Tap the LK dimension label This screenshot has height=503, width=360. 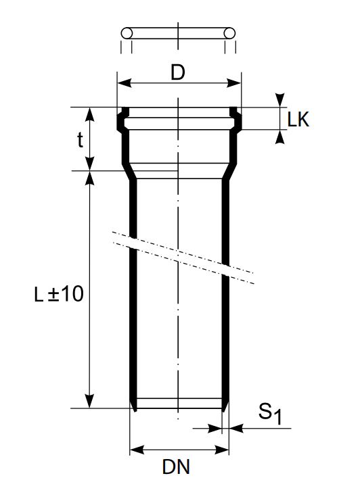298,120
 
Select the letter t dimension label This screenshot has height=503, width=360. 80,139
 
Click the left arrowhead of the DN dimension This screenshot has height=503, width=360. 135,449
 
